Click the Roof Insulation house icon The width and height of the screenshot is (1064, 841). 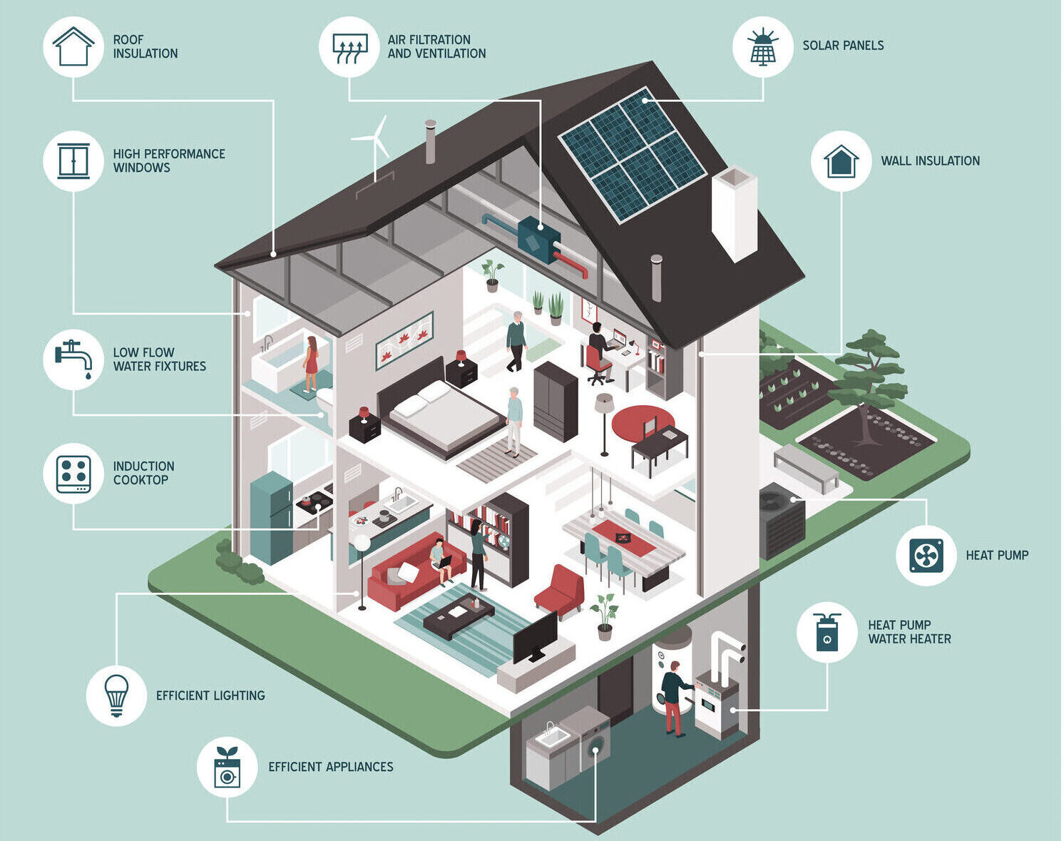coord(73,46)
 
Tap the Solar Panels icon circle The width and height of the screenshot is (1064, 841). coord(763,46)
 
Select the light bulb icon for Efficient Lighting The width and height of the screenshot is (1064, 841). coord(117,695)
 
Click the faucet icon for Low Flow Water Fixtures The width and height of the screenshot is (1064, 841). coord(73,360)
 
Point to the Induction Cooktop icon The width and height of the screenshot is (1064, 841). coord(73,474)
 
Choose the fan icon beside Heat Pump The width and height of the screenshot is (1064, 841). coord(926,556)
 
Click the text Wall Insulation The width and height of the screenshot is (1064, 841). coord(930,160)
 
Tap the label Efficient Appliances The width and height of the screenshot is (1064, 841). coord(331,767)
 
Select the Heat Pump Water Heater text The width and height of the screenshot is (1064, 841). coord(909,632)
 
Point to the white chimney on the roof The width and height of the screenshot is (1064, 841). coord(735,213)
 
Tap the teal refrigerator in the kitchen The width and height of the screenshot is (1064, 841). coord(271,517)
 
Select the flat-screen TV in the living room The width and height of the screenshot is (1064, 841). coord(535,637)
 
